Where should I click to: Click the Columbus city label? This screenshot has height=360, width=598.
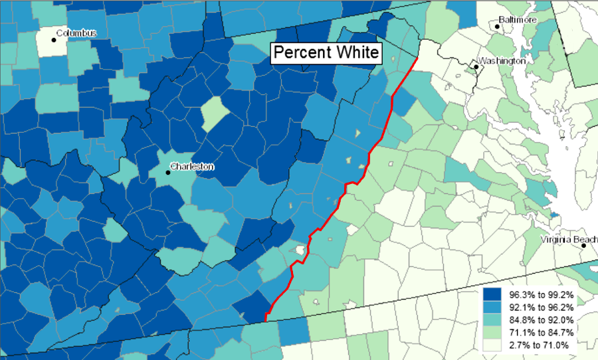[77, 33]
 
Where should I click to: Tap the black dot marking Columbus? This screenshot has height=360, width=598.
[53, 39]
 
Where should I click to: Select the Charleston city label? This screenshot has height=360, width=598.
[192, 166]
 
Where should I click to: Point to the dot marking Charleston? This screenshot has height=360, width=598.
[167, 173]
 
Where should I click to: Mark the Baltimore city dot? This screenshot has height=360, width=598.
[496, 26]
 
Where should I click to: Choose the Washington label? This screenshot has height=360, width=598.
[502, 60]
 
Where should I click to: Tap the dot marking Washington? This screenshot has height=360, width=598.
[476, 66]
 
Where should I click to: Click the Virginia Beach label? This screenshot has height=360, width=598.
[569, 239]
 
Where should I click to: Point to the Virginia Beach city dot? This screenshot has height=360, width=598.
[583, 246]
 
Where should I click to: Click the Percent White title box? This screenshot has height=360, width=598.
[326, 52]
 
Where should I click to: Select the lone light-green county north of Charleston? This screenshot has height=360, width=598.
[212, 113]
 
